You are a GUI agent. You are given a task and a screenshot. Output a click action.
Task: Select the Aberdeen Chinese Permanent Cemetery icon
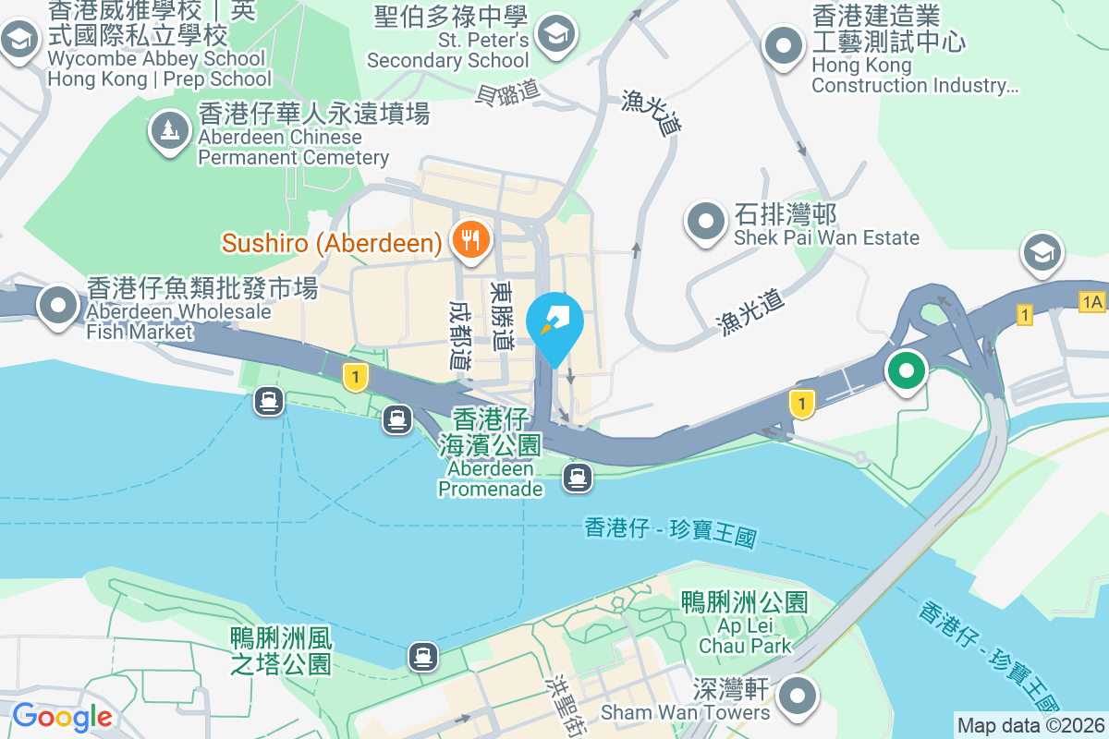coord(169,130)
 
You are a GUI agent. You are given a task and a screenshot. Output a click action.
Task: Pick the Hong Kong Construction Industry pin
coord(785,45)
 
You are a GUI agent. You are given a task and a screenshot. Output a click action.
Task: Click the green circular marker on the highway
coord(907,371)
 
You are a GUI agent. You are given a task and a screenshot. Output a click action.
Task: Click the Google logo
coord(62,716)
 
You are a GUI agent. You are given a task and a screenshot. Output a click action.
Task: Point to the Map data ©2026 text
coord(1030,725)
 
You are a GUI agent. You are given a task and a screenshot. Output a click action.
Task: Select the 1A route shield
coord(1091,301)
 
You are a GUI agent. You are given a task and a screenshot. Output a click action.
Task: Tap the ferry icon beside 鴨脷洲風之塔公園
coord(423,656)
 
